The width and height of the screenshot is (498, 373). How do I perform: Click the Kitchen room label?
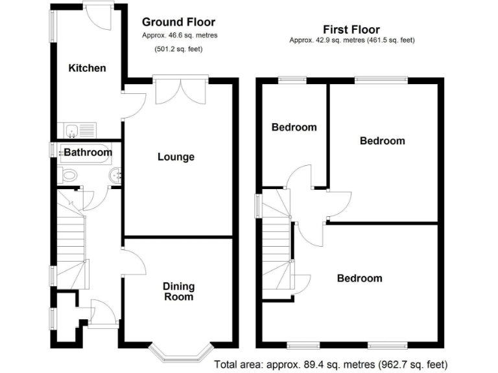click(x=88, y=68)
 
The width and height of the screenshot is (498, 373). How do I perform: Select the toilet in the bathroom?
click(x=68, y=174)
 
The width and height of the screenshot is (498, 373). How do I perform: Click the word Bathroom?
click(x=88, y=153)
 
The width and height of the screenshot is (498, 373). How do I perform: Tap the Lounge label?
click(x=176, y=157)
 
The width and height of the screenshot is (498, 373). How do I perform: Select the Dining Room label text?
click(x=178, y=291)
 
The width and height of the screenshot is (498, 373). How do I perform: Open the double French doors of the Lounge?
click(x=181, y=91)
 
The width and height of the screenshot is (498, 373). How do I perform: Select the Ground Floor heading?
click(x=178, y=22)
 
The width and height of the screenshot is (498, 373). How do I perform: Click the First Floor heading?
click(x=351, y=29)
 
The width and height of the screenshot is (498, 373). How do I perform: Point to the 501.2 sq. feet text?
click(x=176, y=49)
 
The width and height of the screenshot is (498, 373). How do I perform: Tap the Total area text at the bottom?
click(x=330, y=364)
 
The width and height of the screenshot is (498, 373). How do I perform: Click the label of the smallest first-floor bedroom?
click(x=294, y=127)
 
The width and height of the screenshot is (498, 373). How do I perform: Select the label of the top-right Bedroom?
click(x=383, y=141)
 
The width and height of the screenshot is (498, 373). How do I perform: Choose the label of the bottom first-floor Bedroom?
click(x=359, y=278)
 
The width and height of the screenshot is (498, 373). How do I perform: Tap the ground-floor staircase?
click(x=71, y=240)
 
